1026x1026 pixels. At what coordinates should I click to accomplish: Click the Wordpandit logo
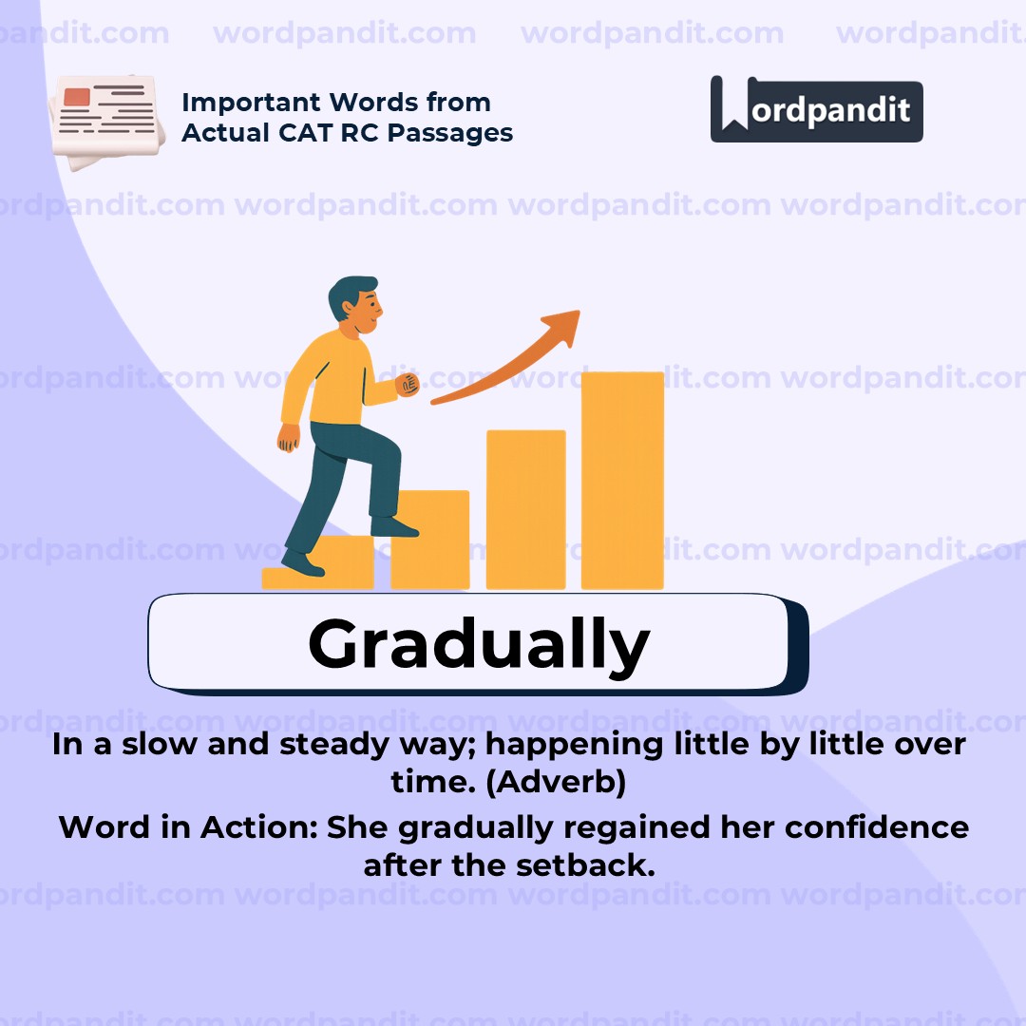point(816,109)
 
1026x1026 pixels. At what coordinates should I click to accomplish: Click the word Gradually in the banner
point(478,644)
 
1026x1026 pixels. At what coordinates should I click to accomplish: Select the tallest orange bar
point(622,480)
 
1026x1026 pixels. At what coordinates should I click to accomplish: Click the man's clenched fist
point(407,385)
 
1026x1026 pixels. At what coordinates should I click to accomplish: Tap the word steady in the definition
point(328,744)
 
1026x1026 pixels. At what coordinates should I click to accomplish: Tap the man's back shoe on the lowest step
point(302,563)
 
